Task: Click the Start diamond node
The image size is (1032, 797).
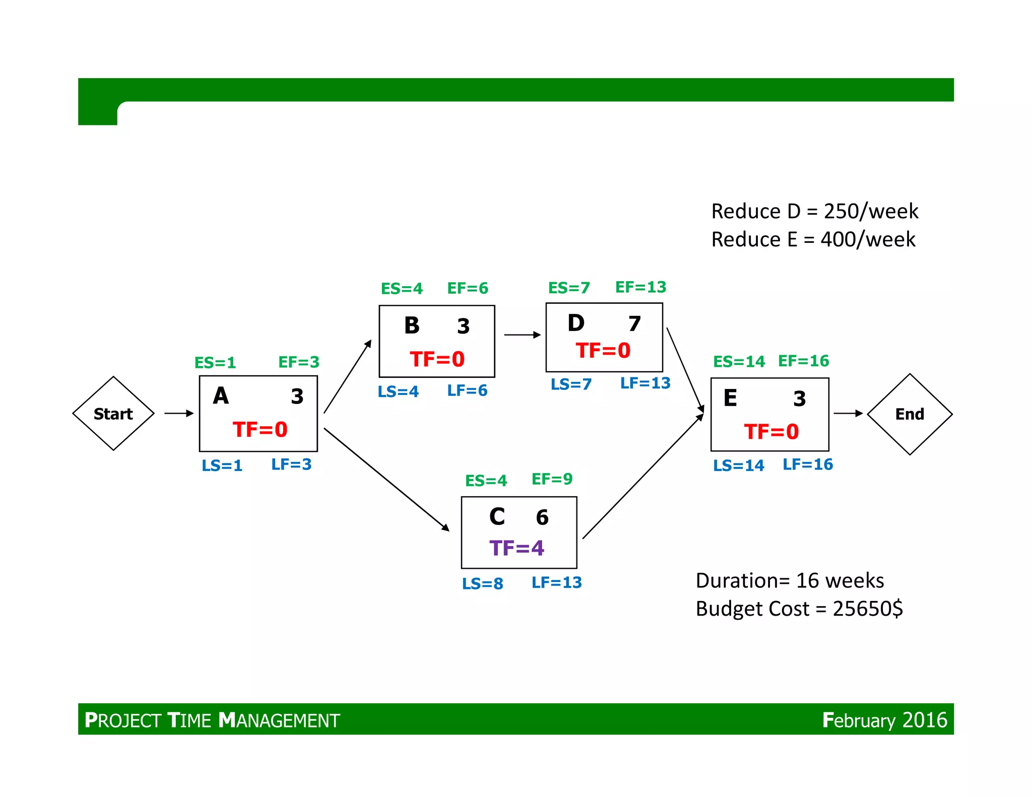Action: (113, 413)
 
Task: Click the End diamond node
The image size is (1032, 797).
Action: (910, 414)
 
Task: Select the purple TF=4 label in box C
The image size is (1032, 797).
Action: (517, 548)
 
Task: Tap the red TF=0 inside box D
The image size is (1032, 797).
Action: (603, 351)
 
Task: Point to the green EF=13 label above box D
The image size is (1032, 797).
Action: (640, 287)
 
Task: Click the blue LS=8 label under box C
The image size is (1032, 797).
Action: (482, 583)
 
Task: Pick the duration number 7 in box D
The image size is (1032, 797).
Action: (634, 324)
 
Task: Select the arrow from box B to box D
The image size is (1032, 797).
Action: (522, 335)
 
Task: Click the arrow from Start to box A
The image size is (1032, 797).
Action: (179, 413)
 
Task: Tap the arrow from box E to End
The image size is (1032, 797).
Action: (848, 413)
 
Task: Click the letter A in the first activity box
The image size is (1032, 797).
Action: (221, 396)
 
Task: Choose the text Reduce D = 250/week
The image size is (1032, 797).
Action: (814, 211)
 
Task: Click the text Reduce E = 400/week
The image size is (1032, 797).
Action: (813, 239)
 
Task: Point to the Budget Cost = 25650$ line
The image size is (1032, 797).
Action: (799, 609)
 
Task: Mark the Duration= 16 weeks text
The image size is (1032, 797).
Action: (790, 581)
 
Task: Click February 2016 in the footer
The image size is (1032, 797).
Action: (884, 720)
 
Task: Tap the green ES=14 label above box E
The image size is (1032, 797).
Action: (739, 362)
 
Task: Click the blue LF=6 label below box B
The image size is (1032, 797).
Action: (467, 390)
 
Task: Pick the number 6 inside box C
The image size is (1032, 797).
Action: (542, 517)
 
